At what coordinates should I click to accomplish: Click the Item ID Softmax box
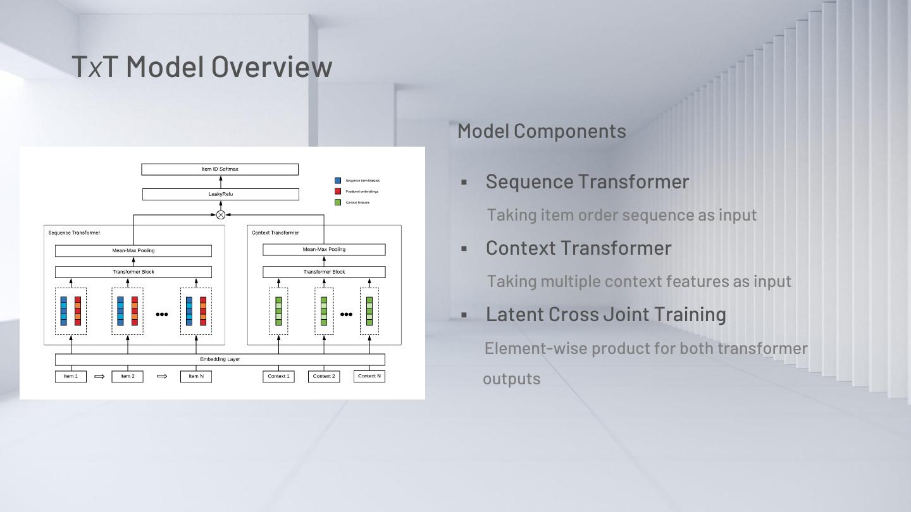click(x=220, y=169)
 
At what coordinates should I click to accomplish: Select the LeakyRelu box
click(x=220, y=194)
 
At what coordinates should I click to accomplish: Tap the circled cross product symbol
click(x=221, y=215)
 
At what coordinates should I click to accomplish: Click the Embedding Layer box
click(x=220, y=360)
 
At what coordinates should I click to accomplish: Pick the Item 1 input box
click(x=71, y=377)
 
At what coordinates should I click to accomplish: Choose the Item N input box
click(x=196, y=377)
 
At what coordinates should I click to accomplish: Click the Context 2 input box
click(x=324, y=377)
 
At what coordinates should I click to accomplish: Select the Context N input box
click(x=369, y=376)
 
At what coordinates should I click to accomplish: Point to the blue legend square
click(x=338, y=181)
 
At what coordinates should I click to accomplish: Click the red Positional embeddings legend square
click(x=338, y=192)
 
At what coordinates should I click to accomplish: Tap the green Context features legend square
click(x=338, y=202)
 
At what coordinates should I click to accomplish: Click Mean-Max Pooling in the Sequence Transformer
click(x=133, y=251)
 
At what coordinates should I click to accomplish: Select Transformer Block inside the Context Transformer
click(x=324, y=272)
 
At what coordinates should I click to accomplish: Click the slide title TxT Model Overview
click(x=202, y=66)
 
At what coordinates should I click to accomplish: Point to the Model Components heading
click(x=542, y=131)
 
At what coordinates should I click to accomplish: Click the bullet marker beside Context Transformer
click(x=464, y=248)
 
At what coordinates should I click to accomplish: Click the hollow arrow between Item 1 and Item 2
click(x=99, y=377)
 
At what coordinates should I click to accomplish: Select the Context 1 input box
click(x=278, y=377)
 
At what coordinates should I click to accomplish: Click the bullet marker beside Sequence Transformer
click(x=464, y=182)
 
